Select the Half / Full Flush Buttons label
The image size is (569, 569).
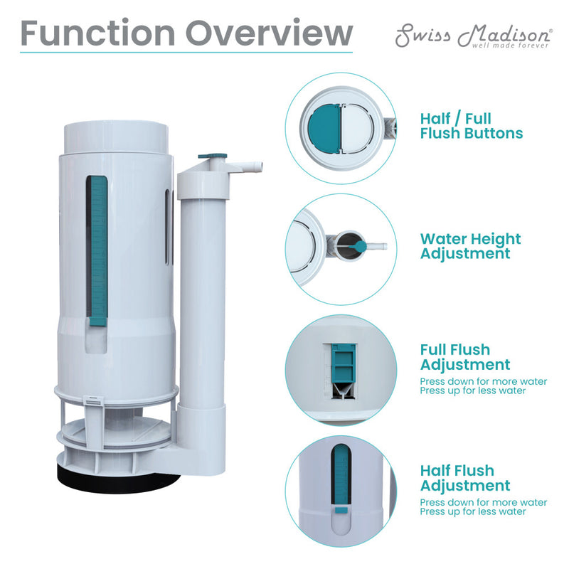pos(471,126)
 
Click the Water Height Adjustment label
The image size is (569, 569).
pos(470,246)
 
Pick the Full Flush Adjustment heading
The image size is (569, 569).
pos(464,357)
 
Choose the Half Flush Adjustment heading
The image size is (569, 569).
pos(464,478)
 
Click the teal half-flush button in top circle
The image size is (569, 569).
pos(325,128)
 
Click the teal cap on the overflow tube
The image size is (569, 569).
pos(213,155)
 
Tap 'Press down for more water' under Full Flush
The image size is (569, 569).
pos(484,382)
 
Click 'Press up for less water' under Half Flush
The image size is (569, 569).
pos(473,511)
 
